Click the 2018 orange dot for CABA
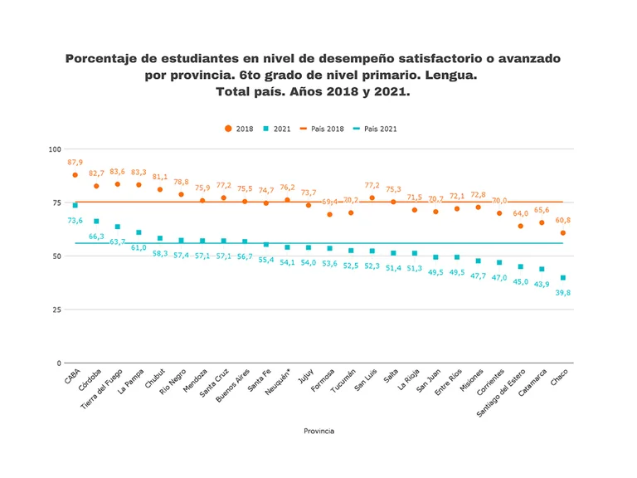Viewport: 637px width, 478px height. (x=75, y=175)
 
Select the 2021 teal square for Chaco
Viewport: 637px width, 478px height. (x=563, y=278)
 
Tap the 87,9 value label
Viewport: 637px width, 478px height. (x=75, y=162)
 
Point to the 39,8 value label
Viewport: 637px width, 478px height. (x=563, y=292)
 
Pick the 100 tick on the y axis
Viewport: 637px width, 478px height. (x=56, y=149)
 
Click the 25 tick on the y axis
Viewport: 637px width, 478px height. (x=56, y=310)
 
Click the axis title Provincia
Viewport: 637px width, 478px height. (x=318, y=431)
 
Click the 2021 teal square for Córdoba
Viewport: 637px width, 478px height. (x=96, y=222)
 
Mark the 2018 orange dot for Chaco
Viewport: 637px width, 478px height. (x=563, y=233)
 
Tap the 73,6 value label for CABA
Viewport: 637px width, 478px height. (x=75, y=221)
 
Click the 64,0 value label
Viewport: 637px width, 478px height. (x=520, y=213)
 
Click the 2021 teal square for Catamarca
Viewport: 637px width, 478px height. (x=542, y=269)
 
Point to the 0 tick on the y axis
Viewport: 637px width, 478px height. (x=59, y=363)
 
